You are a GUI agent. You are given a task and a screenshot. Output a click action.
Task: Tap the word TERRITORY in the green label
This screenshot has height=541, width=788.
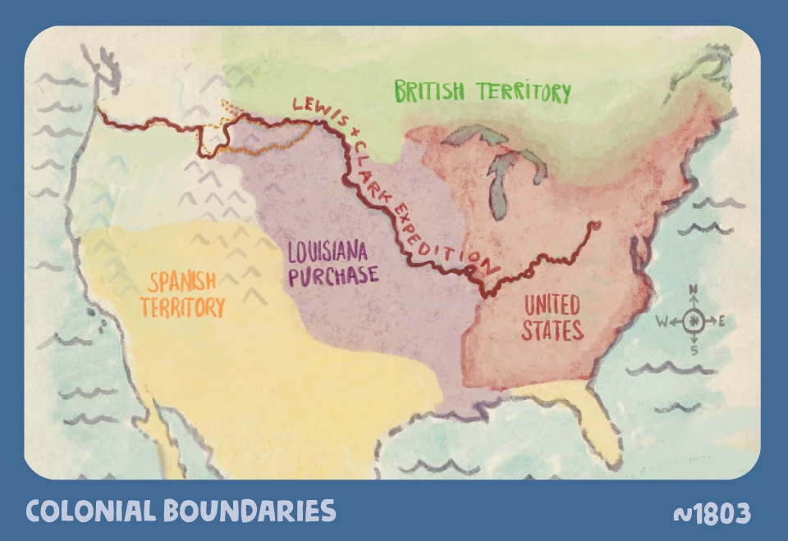pos(521,92)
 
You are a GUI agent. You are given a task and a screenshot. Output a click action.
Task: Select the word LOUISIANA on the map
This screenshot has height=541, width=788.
pos(328,251)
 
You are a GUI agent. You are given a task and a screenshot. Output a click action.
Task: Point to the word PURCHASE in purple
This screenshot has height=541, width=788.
pos(332,275)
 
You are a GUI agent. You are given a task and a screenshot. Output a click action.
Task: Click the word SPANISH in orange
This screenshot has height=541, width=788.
pos(182,283)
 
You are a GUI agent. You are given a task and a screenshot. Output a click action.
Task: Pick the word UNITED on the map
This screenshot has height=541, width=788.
pos(552,307)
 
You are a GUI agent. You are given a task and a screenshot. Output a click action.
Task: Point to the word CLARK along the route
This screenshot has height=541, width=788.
pos(370,164)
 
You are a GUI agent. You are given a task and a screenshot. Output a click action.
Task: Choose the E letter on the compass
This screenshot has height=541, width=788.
pos(722,321)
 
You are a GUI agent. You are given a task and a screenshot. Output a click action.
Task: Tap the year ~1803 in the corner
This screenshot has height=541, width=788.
pos(712,514)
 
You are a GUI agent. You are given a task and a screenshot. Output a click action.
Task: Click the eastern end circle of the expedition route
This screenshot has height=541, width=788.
pos(596,224)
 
